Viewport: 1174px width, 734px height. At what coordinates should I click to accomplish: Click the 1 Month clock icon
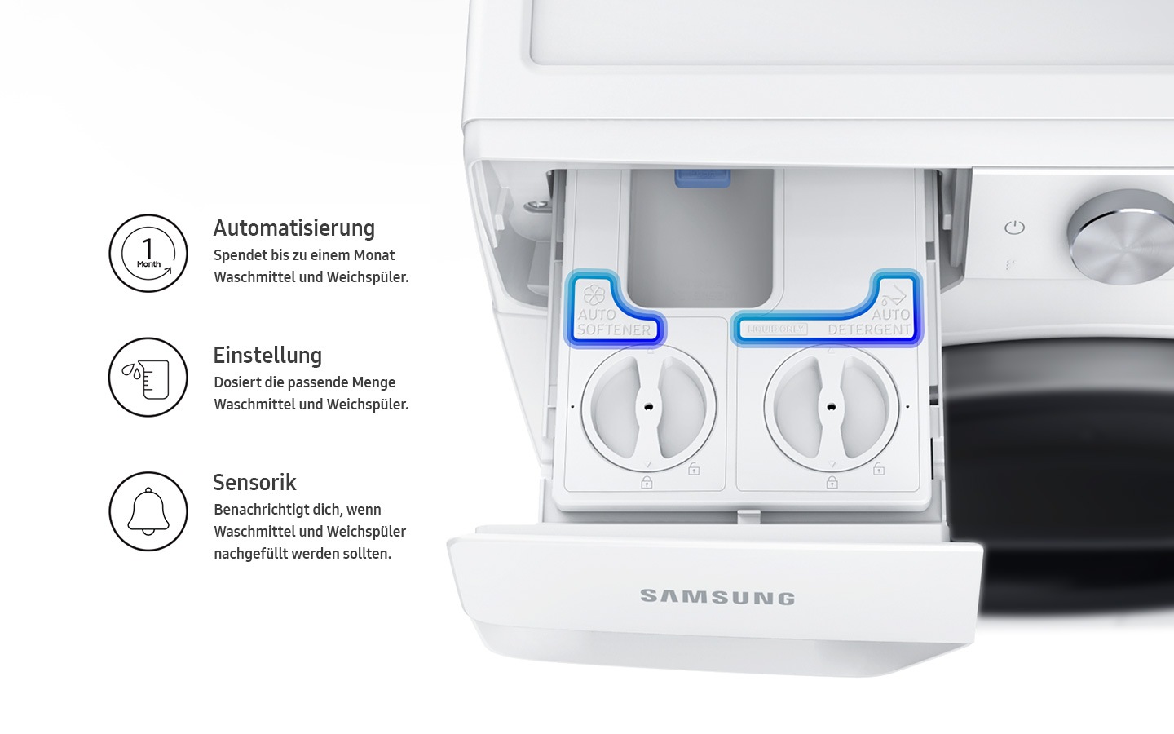pyautogui.click(x=148, y=253)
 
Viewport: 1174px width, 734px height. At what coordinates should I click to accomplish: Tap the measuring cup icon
pyautogui.click(x=148, y=378)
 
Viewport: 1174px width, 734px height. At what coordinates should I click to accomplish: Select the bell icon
pyautogui.click(x=148, y=511)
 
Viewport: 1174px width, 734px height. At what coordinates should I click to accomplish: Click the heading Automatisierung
pyautogui.click(x=293, y=228)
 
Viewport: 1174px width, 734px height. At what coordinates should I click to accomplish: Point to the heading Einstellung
pyautogui.click(x=267, y=356)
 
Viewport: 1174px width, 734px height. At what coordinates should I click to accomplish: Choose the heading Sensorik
pyautogui.click(x=254, y=483)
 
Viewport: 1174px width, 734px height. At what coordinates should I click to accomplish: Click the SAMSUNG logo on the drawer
pyautogui.click(x=717, y=597)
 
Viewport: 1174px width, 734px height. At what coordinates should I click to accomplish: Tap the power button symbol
pyautogui.click(x=1014, y=228)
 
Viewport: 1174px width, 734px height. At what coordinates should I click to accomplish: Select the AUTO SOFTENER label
pyautogui.click(x=613, y=322)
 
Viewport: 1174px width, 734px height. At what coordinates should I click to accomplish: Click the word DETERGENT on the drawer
pyautogui.click(x=868, y=329)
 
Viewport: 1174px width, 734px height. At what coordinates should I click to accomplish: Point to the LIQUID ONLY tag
pyautogui.click(x=776, y=329)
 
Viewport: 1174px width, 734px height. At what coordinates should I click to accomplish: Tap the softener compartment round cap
pyautogui.click(x=648, y=406)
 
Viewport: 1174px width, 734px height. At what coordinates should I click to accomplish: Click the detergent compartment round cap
pyautogui.click(x=831, y=406)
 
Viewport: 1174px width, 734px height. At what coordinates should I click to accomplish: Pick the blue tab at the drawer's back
pyautogui.click(x=702, y=178)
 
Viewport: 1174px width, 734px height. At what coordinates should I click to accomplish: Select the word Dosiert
pyautogui.click(x=237, y=382)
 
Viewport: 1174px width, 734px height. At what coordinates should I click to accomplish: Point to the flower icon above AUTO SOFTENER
pyautogui.click(x=594, y=294)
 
